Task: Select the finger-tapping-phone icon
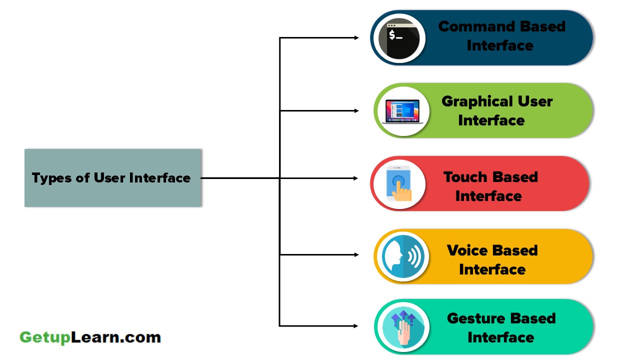[x=399, y=184]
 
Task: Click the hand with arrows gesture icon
[x=402, y=327]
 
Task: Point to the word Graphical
[x=479, y=101]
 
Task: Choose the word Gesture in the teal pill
[x=473, y=318]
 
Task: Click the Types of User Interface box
[x=113, y=177]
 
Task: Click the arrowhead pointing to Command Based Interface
[x=356, y=37]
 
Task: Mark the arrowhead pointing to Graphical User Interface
[x=356, y=110]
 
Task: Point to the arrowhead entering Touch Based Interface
[x=356, y=178]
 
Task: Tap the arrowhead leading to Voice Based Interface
[x=356, y=254]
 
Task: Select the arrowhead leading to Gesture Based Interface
[x=356, y=326]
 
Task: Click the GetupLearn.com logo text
[x=90, y=337]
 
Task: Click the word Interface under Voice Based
[x=492, y=269]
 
